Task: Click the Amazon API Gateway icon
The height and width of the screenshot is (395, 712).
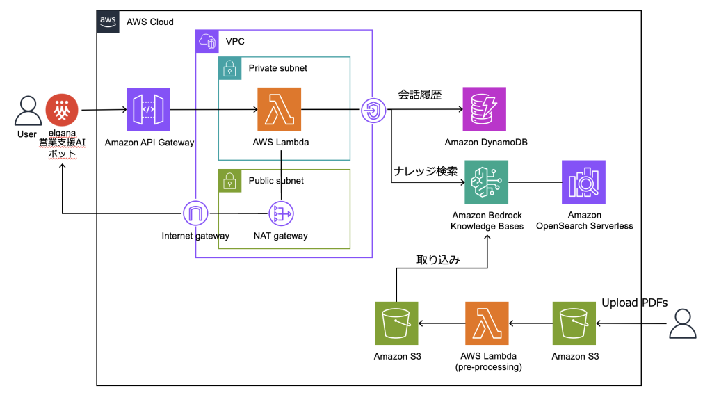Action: (x=148, y=110)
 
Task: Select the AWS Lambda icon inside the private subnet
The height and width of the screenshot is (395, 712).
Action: (x=279, y=109)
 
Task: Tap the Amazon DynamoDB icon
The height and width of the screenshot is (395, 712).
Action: (x=485, y=109)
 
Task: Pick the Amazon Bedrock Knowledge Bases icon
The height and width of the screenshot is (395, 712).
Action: (x=486, y=182)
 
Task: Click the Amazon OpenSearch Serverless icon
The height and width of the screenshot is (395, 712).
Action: (x=583, y=182)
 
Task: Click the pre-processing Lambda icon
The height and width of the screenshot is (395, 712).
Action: (x=486, y=323)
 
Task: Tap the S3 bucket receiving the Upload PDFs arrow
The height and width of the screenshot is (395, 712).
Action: (x=574, y=323)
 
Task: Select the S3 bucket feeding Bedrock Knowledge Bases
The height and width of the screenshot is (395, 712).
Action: (x=396, y=323)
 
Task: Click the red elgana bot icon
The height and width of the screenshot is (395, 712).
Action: (x=62, y=110)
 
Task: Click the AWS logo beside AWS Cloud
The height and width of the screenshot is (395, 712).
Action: (x=108, y=22)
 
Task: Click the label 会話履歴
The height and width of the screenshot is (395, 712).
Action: (x=419, y=95)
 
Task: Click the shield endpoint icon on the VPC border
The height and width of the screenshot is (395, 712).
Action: (x=373, y=110)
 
